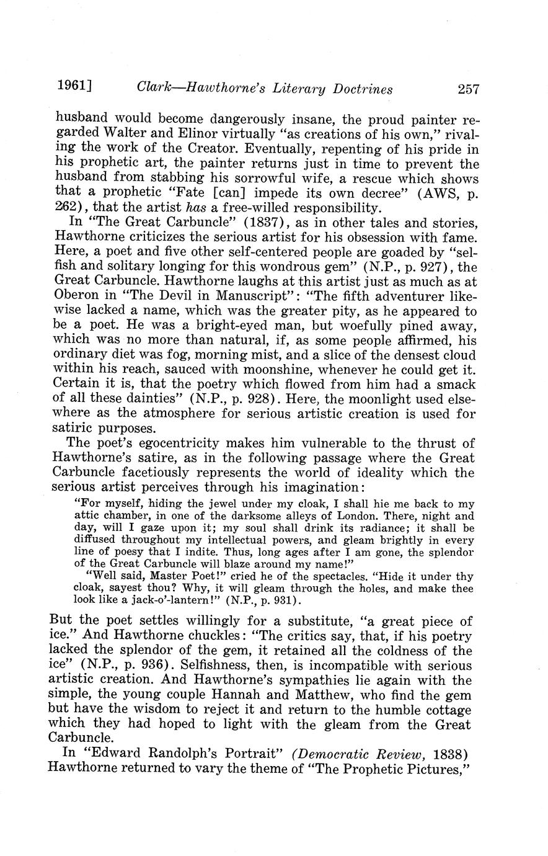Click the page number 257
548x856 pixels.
click(469, 89)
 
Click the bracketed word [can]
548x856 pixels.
click(220, 193)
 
